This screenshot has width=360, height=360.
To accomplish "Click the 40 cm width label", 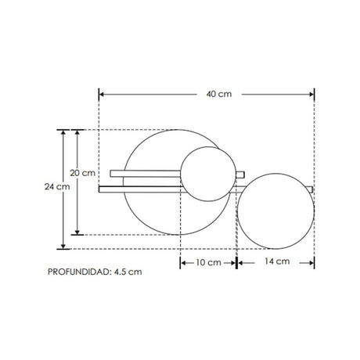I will click(x=218, y=95).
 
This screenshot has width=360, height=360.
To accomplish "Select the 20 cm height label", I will click(x=82, y=172).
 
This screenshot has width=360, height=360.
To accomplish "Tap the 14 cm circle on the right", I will click(x=275, y=211).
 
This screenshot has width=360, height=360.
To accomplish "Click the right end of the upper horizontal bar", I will click(x=244, y=173).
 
